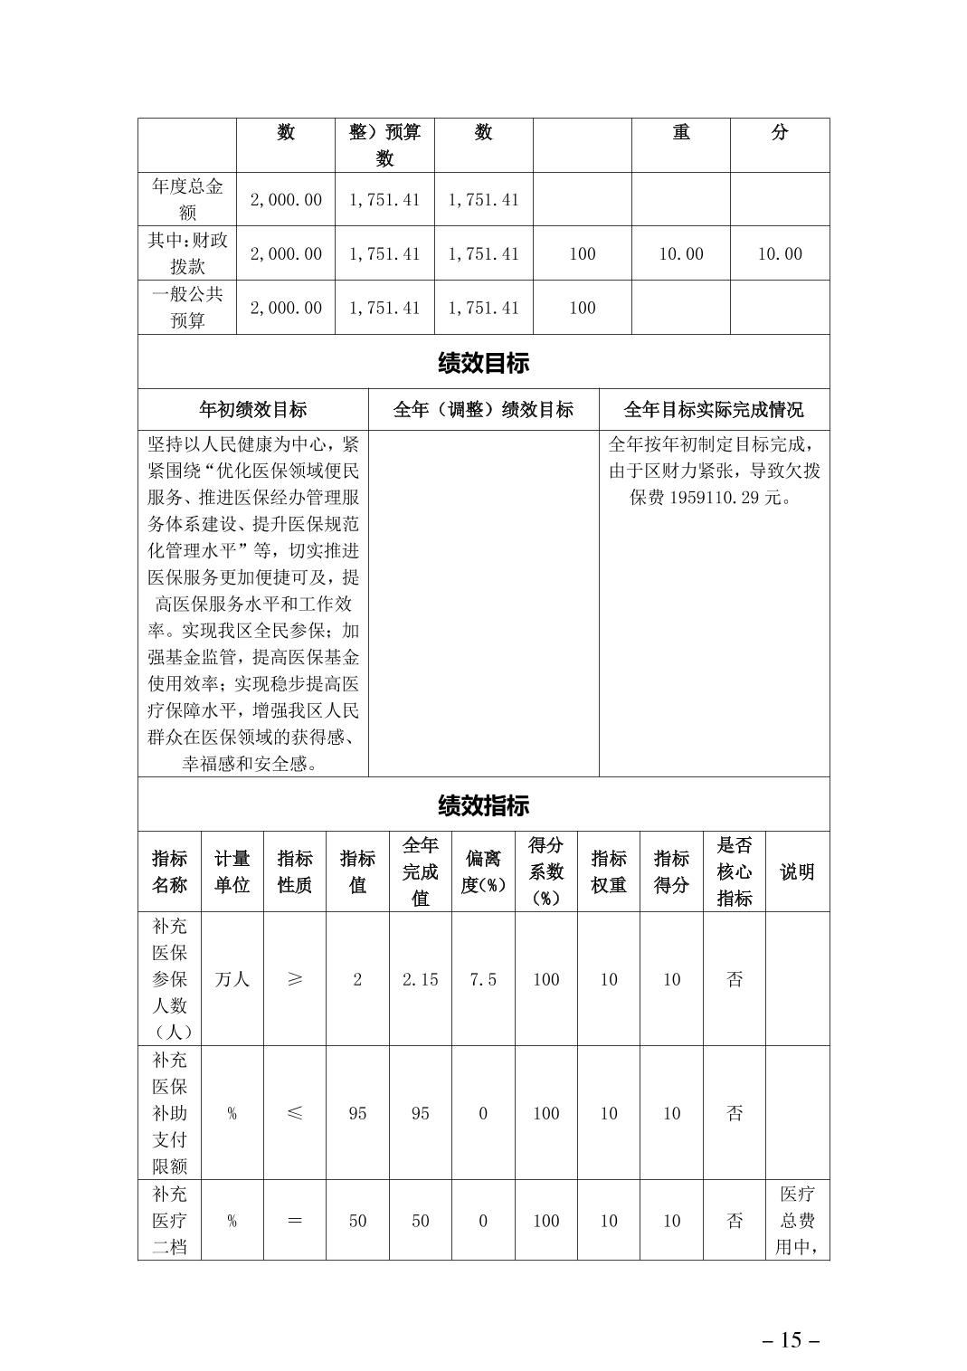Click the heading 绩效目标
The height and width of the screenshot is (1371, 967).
(483, 364)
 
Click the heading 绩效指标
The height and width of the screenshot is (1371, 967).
(483, 805)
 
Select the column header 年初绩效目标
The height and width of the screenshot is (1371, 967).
(252, 410)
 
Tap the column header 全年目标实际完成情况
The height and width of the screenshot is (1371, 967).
(714, 410)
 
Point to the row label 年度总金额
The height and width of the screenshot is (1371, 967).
(187, 199)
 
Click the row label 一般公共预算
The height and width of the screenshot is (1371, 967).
(187, 308)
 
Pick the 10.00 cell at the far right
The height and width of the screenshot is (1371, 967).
(779, 254)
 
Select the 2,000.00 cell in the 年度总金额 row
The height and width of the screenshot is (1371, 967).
(286, 200)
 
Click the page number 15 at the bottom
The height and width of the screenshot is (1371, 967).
(791, 1340)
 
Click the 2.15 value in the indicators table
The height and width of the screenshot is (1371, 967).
(420, 979)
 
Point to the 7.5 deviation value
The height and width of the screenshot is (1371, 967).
(483, 979)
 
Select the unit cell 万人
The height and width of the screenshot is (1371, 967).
(232, 979)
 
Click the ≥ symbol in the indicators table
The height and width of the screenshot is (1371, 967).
(295, 979)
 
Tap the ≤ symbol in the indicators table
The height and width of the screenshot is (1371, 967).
(295, 1113)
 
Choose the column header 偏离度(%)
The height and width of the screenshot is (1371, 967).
(483, 871)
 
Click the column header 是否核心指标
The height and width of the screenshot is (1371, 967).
(735, 871)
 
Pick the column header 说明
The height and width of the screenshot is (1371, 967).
(797, 871)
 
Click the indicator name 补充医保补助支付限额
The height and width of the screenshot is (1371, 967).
(169, 1113)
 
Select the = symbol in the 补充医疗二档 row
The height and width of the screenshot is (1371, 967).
(295, 1221)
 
